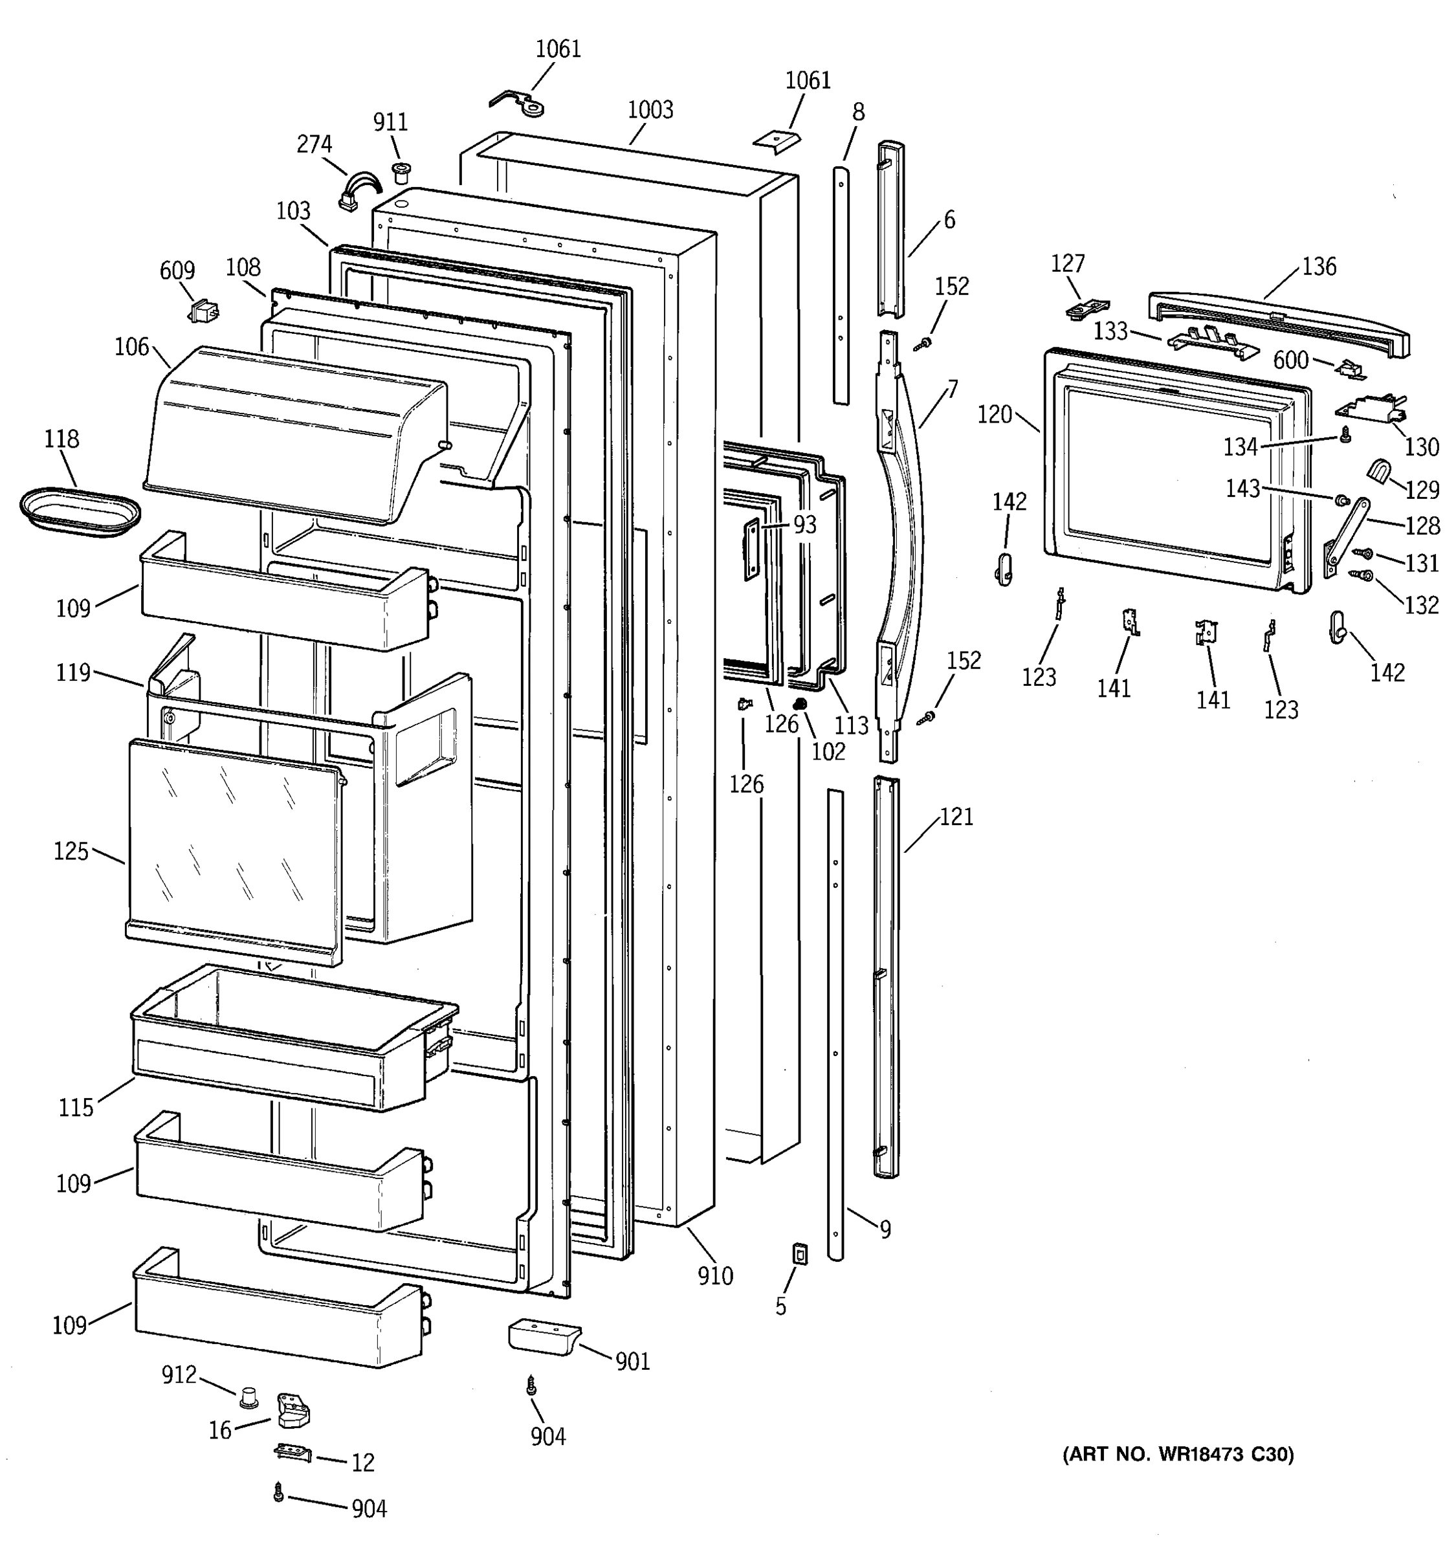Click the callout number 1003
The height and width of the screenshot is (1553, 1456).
[650, 110]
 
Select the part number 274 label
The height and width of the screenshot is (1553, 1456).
[314, 144]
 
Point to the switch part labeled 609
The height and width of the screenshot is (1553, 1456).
[203, 312]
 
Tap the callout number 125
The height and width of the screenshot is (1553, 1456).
[71, 851]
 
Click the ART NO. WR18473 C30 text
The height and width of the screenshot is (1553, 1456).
[1178, 1454]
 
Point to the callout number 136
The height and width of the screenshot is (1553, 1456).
[1319, 267]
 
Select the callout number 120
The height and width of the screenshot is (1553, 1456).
[995, 415]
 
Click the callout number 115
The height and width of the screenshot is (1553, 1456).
[76, 1107]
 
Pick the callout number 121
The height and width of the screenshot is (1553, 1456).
[956, 817]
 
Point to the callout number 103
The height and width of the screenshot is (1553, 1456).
[293, 211]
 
